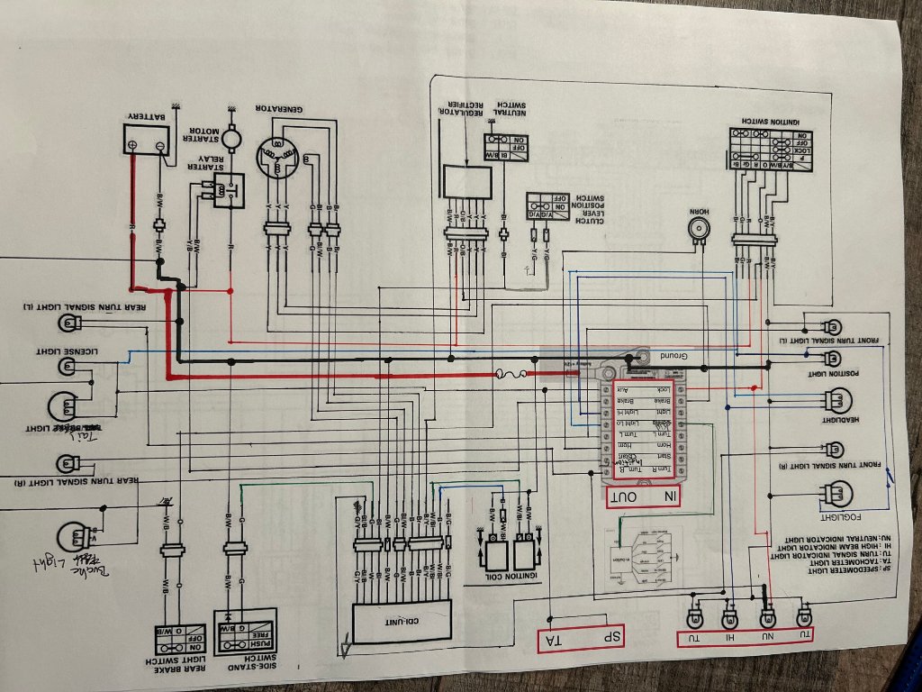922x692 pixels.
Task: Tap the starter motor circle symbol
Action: [x=232, y=140]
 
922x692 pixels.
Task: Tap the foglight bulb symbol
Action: [x=833, y=495]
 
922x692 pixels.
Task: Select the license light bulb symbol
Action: [x=68, y=366]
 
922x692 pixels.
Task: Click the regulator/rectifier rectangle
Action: [x=466, y=182]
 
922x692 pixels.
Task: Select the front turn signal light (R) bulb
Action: [x=835, y=449]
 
